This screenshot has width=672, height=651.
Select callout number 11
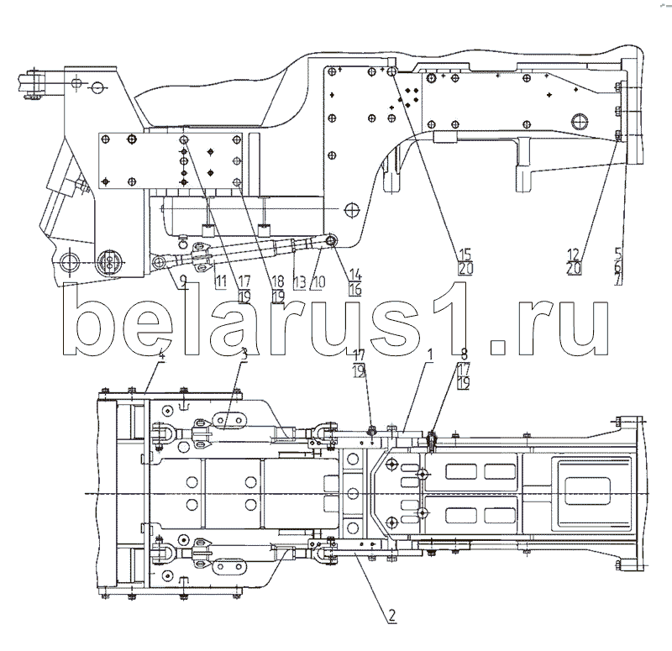[x=220, y=281]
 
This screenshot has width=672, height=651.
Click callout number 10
[x=318, y=281]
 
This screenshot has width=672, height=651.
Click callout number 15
[x=464, y=254]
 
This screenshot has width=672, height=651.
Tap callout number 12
[x=573, y=254]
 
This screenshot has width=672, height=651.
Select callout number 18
[x=278, y=281]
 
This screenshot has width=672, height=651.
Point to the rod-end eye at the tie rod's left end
[x=158, y=264]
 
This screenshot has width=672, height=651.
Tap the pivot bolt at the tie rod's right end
[x=331, y=241]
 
